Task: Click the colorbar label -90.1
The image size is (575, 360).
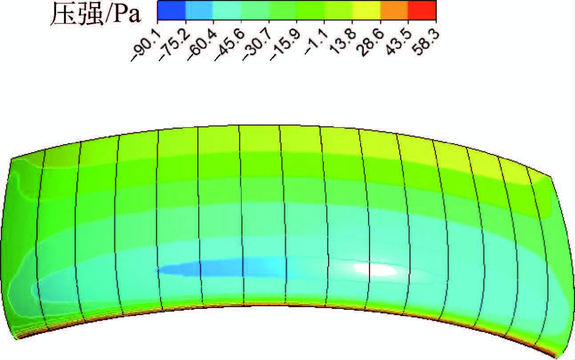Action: [144, 47]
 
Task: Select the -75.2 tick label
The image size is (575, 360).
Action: [172, 47]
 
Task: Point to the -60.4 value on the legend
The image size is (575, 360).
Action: [200, 47]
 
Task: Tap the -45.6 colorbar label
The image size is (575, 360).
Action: [228, 47]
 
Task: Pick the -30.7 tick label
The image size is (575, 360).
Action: [256, 47]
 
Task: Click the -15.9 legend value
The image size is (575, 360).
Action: [284, 47]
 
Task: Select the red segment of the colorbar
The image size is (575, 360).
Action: [422, 11]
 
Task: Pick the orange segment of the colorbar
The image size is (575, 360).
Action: [394, 11]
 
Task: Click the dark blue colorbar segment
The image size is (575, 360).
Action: [171, 11]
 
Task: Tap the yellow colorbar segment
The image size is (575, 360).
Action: [366, 11]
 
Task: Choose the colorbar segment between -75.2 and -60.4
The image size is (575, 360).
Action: [199, 11]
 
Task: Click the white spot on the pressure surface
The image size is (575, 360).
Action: [376, 269]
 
